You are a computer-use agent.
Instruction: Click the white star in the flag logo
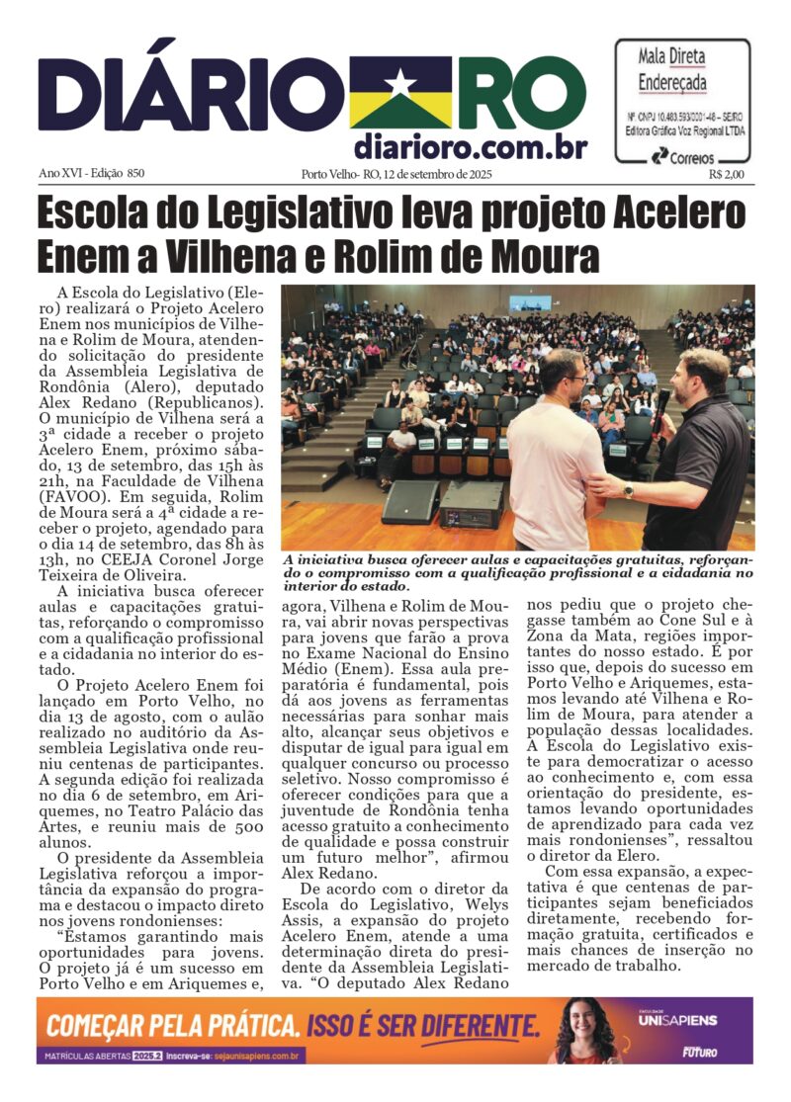[399, 82]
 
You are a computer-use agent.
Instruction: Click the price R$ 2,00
[727, 175]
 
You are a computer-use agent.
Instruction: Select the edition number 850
[134, 174]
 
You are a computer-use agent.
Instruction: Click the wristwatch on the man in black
[629, 489]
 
